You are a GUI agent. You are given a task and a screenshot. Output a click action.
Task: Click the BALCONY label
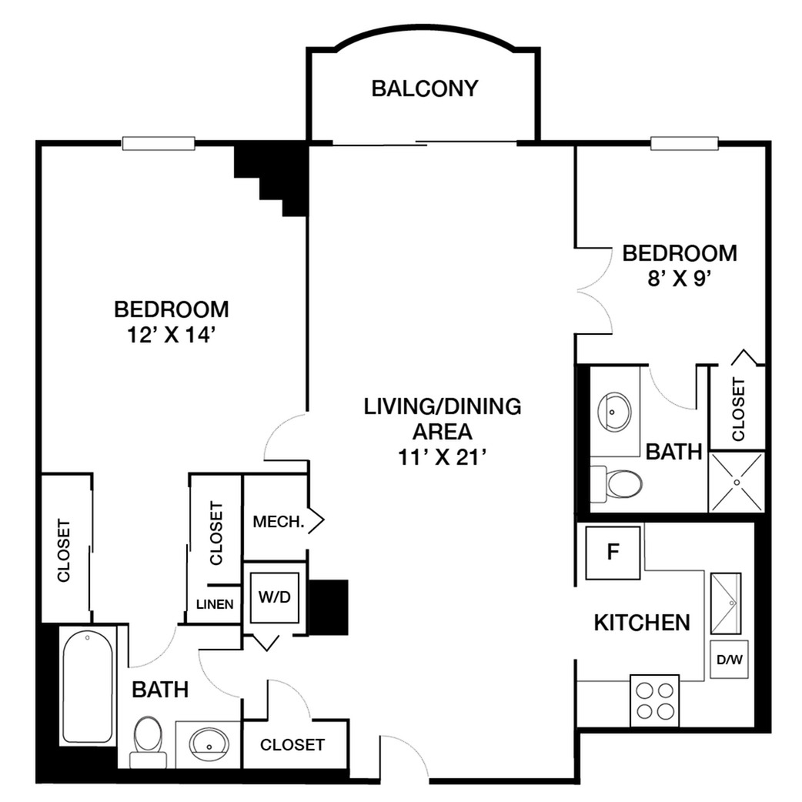(x=425, y=89)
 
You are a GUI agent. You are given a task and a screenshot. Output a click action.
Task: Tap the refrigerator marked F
(x=613, y=553)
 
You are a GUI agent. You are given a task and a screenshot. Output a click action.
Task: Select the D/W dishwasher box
(x=730, y=660)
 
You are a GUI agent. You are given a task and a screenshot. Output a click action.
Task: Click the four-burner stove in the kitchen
(x=655, y=700)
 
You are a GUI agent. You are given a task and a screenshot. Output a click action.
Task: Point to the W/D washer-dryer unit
(x=275, y=597)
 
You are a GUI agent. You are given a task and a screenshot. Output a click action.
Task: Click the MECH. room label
(x=279, y=522)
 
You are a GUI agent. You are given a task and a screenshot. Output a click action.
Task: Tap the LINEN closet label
(x=215, y=604)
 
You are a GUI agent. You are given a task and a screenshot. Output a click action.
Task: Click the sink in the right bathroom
(x=614, y=411)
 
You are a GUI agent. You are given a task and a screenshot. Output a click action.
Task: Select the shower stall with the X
(x=737, y=482)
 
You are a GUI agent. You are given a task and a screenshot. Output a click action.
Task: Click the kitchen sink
(x=726, y=603)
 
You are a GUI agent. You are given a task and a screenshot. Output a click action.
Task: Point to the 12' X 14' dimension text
(x=170, y=336)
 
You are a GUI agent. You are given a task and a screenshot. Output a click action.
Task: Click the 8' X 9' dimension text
(x=680, y=279)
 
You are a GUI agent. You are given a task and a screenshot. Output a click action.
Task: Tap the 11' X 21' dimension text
(x=442, y=457)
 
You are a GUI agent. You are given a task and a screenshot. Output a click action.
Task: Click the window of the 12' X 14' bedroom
(x=159, y=144)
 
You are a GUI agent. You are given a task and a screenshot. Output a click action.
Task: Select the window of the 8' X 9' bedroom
(x=684, y=143)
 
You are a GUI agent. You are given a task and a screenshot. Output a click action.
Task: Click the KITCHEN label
(x=642, y=623)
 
